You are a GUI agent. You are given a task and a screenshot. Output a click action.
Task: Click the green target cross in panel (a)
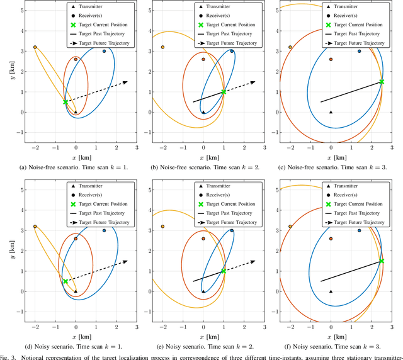[65, 102]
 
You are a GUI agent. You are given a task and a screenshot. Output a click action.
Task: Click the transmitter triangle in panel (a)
[76, 112]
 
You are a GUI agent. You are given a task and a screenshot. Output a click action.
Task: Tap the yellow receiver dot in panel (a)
[35, 47]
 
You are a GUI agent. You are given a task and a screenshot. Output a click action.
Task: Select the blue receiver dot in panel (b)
[232, 52]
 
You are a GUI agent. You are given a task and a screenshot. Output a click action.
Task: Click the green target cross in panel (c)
[382, 82]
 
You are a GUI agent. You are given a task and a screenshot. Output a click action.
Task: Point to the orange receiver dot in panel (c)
[331, 59]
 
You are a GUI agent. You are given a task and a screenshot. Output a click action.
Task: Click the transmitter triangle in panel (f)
[331, 291]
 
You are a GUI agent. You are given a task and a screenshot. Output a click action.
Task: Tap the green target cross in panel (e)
[224, 271]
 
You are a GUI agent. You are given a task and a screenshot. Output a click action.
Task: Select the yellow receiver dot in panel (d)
[35, 226]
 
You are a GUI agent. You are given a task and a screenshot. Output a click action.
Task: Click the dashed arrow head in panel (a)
[126, 82]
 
